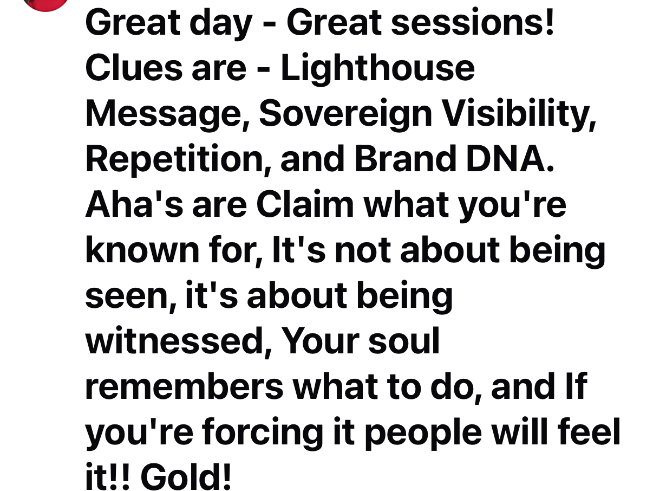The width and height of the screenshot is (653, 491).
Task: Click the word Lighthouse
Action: (x=378, y=69)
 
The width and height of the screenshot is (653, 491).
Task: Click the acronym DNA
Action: (x=510, y=159)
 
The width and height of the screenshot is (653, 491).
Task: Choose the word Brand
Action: (x=405, y=159)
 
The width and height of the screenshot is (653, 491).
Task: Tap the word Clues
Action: (x=134, y=68)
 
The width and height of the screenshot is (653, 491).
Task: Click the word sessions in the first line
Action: (x=472, y=23)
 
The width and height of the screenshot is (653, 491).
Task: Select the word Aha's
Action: (x=134, y=204)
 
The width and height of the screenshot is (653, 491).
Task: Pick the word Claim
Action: (x=305, y=204)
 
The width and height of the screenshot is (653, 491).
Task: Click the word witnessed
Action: (x=178, y=341)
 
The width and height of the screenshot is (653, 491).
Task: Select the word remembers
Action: (x=185, y=386)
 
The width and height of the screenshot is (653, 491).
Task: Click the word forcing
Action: (x=263, y=433)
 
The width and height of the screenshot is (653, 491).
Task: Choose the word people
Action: (x=423, y=433)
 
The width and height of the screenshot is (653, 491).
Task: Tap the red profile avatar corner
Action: (x=45, y=5)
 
